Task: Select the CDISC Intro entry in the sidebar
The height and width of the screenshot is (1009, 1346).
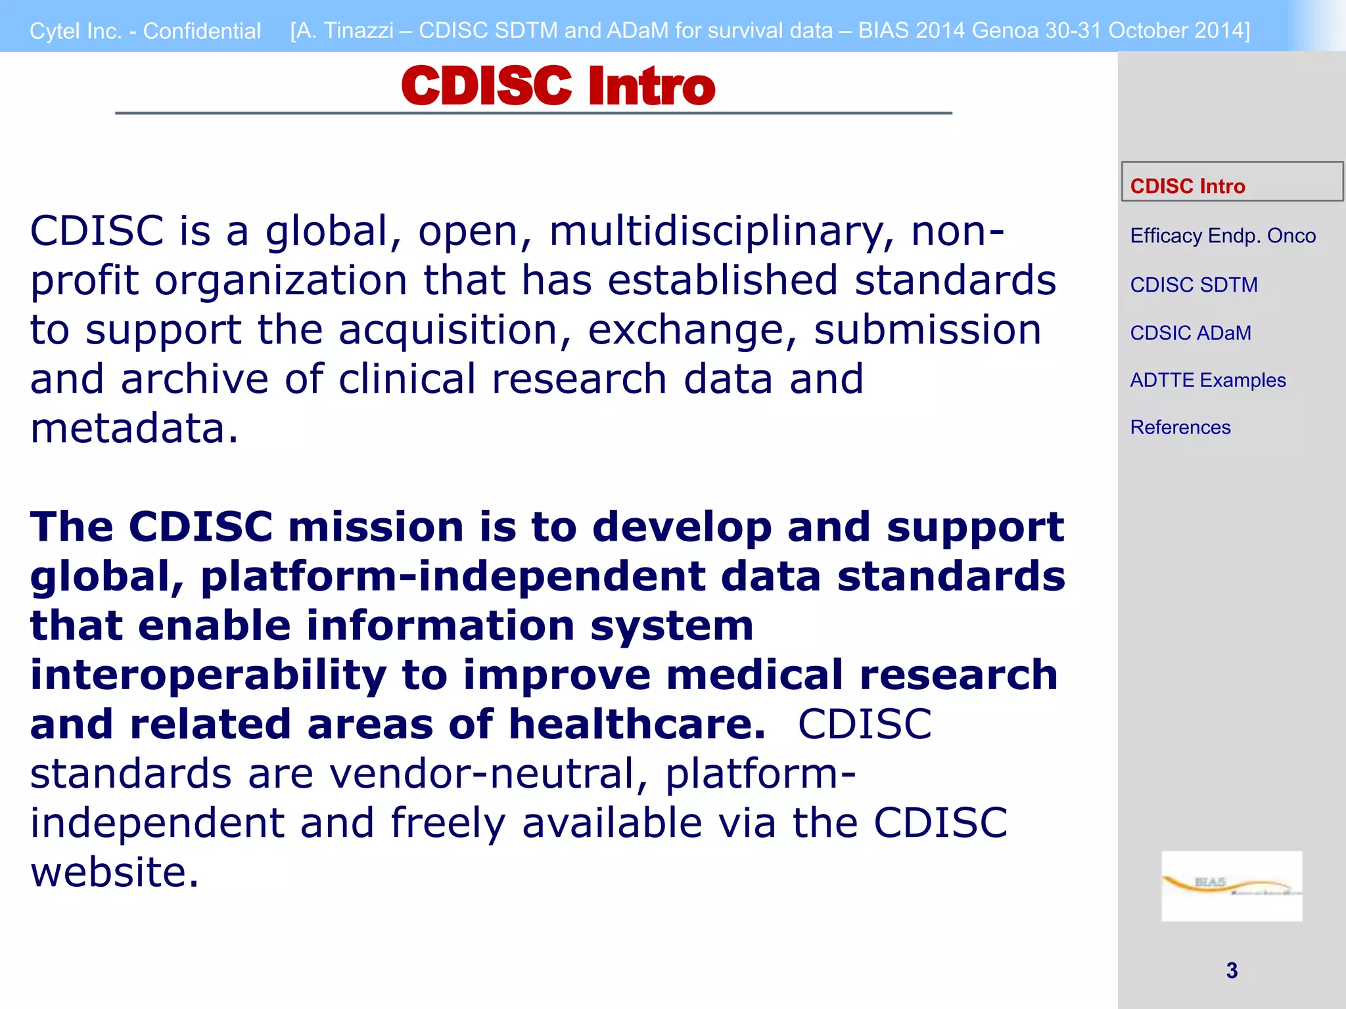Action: [x=1187, y=186]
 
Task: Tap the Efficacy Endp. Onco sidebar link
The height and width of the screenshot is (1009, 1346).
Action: [x=1222, y=236]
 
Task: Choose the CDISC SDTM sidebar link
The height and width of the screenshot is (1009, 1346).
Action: [x=1194, y=285]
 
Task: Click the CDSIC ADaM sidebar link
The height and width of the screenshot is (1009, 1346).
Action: [x=1190, y=333]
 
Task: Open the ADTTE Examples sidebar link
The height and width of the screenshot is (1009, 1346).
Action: [x=1207, y=380]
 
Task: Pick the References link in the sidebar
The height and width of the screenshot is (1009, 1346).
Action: [x=1180, y=428]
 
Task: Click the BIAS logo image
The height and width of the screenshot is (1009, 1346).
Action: [x=1231, y=886]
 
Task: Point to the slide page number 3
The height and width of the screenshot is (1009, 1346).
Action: [x=1232, y=970]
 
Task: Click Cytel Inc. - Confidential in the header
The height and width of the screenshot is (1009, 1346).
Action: [x=145, y=31]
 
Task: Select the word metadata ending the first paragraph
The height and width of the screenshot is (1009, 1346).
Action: [x=128, y=428]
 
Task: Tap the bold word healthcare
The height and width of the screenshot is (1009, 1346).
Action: [x=637, y=725]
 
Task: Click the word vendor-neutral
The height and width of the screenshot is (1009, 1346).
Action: [x=488, y=774]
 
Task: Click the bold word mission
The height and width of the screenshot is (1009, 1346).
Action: [x=376, y=527]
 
